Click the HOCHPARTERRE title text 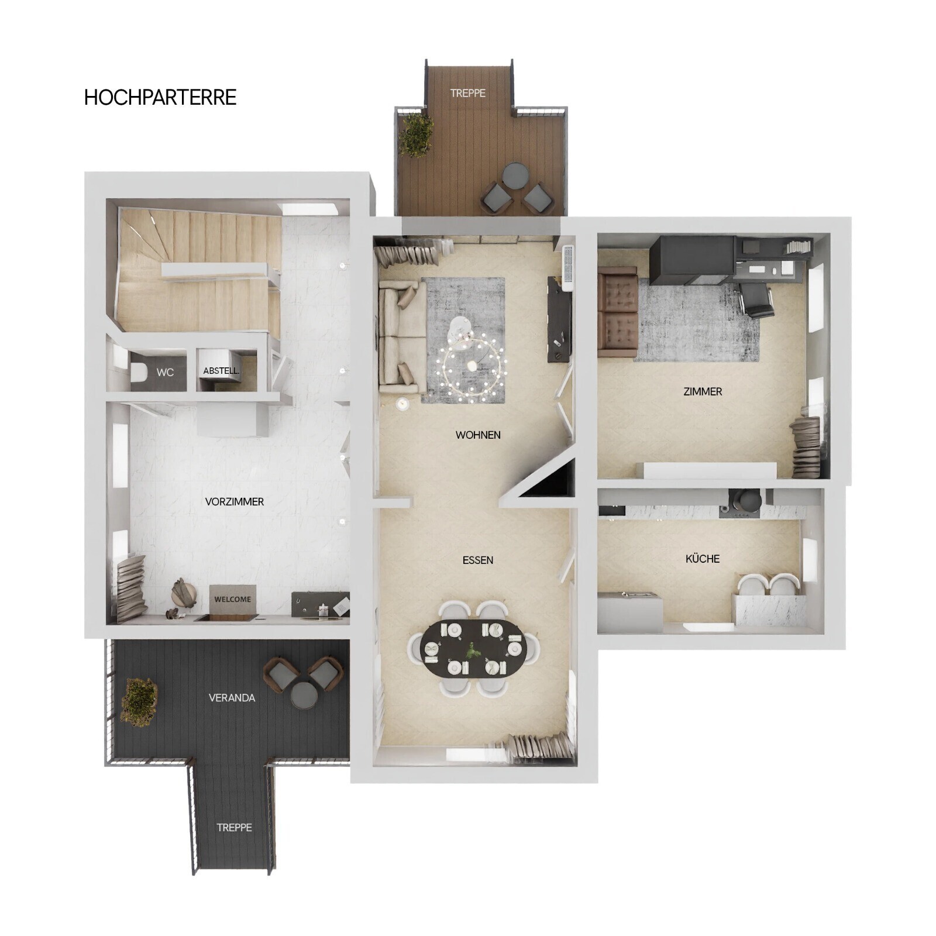tap(160, 97)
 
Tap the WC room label tap(165, 372)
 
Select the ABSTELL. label tap(221, 371)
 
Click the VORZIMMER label tap(235, 502)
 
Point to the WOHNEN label tap(478, 435)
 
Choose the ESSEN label tap(478, 560)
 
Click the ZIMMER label tap(703, 392)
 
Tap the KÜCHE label tap(703, 559)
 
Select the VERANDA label tap(232, 698)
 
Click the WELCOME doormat tap(233, 599)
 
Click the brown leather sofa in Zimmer tap(618, 312)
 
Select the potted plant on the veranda tap(140, 701)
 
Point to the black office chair tap(756, 300)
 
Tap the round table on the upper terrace tap(515, 176)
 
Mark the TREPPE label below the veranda tap(235, 828)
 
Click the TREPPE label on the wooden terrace tap(468, 93)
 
